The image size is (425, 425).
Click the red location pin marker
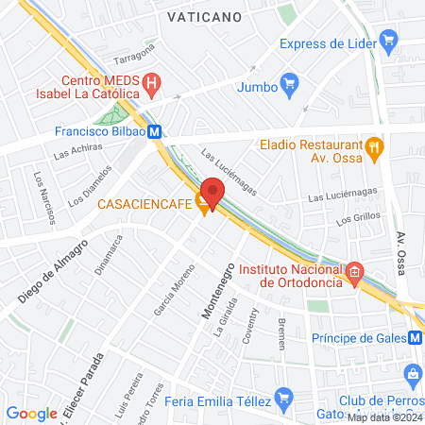point(212,193)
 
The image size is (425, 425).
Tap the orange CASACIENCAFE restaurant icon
point(204,208)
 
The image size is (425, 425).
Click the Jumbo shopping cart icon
point(291,85)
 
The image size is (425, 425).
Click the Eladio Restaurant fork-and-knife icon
point(375,146)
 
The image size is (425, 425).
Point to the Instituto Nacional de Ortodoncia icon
point(354,274)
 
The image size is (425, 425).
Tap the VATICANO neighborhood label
point(203,17)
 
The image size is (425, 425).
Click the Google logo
point(31,413)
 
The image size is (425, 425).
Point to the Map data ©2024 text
point(384,417)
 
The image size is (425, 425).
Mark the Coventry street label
point(248,326)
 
